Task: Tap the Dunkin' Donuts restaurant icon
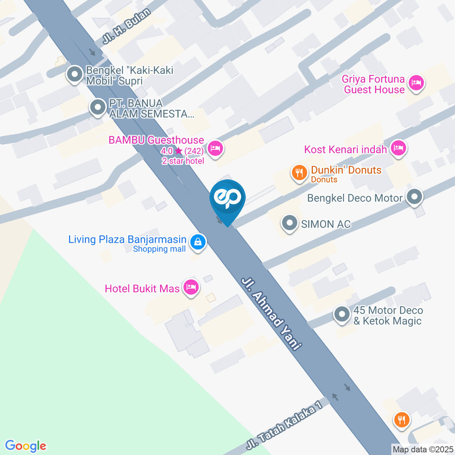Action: pyautogui.click(x=299, y=173)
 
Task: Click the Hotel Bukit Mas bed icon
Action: pyautogui.click(x=191, y=287)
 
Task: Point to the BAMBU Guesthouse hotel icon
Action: pyautogui.click(x=216, y=148)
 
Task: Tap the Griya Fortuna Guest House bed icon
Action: pyautogui.click(x=417, y=83)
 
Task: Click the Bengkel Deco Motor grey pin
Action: pyautogui.click(x=415, y=197)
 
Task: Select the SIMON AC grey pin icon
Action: pyautogui.click(x=289, y=223)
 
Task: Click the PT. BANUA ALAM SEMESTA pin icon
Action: pyautogui.click(x=98, y=108)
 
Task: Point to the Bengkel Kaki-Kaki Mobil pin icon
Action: pyautogui.click(x=74, y=75)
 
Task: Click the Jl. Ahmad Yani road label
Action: pyautogui.click(x=271, y=313)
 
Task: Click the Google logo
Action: pyautogui.click(x=26, y=446)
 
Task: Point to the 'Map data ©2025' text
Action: pyautogui.click(x=423, y=449)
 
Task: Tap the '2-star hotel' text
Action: pyautogui.click(x=183, y=161)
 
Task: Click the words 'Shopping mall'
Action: pyautogui.click(x=159, y=249)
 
